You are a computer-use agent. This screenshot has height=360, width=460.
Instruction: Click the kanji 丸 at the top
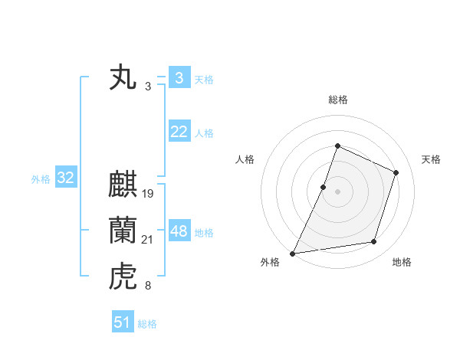point(123,79)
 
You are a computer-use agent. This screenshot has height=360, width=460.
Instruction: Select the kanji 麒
point(123,187)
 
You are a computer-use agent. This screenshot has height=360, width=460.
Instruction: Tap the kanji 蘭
point(123,231)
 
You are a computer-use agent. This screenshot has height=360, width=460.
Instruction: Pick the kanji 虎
point(123,275)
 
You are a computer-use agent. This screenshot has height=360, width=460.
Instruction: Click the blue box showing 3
point(179,78)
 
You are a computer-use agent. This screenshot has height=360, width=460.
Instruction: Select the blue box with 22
point(179,132)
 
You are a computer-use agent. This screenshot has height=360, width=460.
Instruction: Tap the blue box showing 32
point(65,178)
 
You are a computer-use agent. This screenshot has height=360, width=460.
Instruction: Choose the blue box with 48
point(179,231)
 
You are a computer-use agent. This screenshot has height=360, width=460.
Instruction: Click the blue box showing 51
point(122,322)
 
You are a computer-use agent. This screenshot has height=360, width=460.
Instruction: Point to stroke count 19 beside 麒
point(148,194)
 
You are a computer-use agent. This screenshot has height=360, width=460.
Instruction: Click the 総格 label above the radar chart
point(337,100)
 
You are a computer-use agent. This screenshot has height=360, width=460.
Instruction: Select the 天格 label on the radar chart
point(432,159)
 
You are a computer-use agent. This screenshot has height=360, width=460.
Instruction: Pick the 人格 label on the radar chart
point(245,159)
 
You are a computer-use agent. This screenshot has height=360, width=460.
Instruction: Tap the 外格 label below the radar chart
point(270,263)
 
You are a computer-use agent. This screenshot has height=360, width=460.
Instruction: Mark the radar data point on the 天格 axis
point(396,172)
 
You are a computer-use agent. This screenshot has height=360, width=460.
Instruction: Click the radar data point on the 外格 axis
point(292,253)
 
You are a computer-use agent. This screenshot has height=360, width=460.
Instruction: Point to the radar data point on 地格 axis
point(374,242)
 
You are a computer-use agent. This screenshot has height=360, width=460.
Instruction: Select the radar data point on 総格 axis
point(337,146)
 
